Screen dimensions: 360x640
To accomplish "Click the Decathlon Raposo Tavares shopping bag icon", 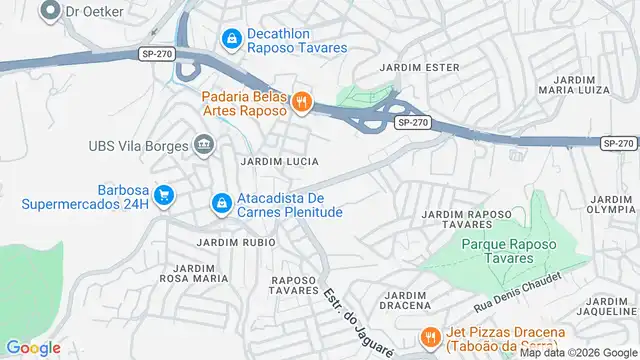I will click(x=232, y=38).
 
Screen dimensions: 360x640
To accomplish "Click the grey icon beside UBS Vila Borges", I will click(x=205, y=146).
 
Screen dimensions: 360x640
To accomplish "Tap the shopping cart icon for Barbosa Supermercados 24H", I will click(x=164, y=196).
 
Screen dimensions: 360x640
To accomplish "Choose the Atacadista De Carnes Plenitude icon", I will click(x=222, y=204).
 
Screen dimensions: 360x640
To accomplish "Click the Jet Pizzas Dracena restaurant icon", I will click(x=431, y=338).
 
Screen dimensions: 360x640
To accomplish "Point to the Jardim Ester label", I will click(x=420, y=68).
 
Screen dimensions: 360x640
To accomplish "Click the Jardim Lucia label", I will click(x=279, y=161).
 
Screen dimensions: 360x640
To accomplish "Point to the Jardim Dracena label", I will click(x=406, y=302).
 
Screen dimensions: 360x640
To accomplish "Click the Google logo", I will click(x=32, y=347).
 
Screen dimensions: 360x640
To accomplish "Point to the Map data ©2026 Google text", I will click(x=577, y=352).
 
